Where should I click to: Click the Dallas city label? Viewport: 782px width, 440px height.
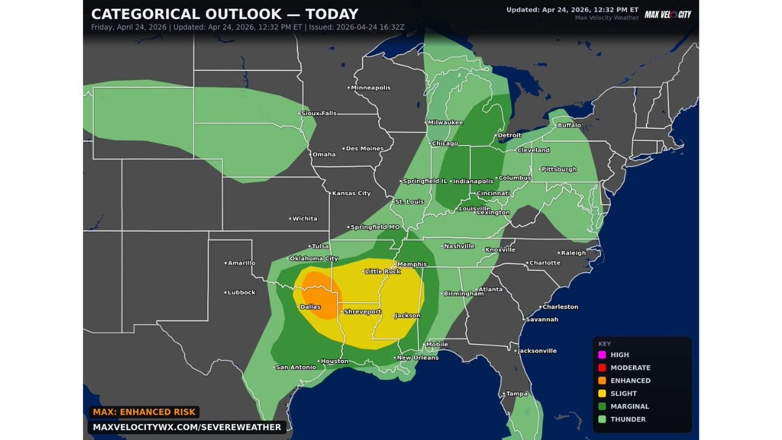(x=310, y=307)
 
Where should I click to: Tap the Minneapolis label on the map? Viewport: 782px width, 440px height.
(x=370, y=87)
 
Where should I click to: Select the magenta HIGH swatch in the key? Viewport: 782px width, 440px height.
(x=602, y=354)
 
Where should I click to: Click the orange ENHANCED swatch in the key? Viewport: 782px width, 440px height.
(x=602, y=380)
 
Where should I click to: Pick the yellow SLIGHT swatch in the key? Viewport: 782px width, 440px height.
(x=602, y=394)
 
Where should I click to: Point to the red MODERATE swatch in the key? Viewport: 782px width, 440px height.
(x=602, y=367)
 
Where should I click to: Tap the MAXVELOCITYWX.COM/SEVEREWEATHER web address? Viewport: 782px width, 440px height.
(x=187, y=427)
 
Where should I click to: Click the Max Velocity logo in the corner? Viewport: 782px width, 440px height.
(x=668, y=14)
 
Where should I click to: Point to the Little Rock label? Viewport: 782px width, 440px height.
(x=382, y=271)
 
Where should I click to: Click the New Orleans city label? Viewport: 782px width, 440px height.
(x=417, y=358)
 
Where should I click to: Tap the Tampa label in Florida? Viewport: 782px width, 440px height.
(x=517, y=394)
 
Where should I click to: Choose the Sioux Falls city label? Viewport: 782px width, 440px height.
(x=320, y=113)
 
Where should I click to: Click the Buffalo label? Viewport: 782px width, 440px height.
(x=569, y=125)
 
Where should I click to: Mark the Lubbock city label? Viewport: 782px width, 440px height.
(x=241, y=292)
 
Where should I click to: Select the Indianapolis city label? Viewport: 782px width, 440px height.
(x=473, y=181)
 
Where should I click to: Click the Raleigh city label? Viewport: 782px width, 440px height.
(x=573, y=252)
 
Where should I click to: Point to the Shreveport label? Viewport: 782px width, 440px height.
(x=362, y=312)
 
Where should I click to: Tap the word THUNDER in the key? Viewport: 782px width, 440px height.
(x=628, y=419)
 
